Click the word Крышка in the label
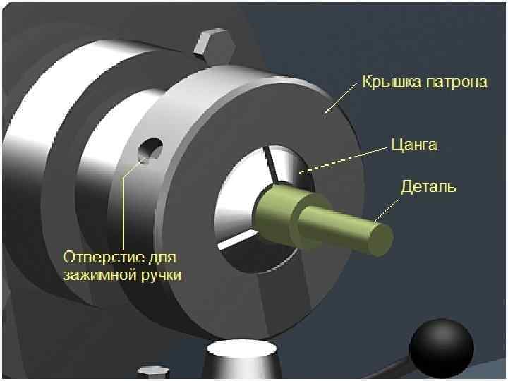point(391,83)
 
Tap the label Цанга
point(414,145)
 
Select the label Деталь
point(428,187)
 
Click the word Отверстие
point(104,255)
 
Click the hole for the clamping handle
point(150,150)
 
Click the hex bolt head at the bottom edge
point(152,373)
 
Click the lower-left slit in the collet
point(234,239)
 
